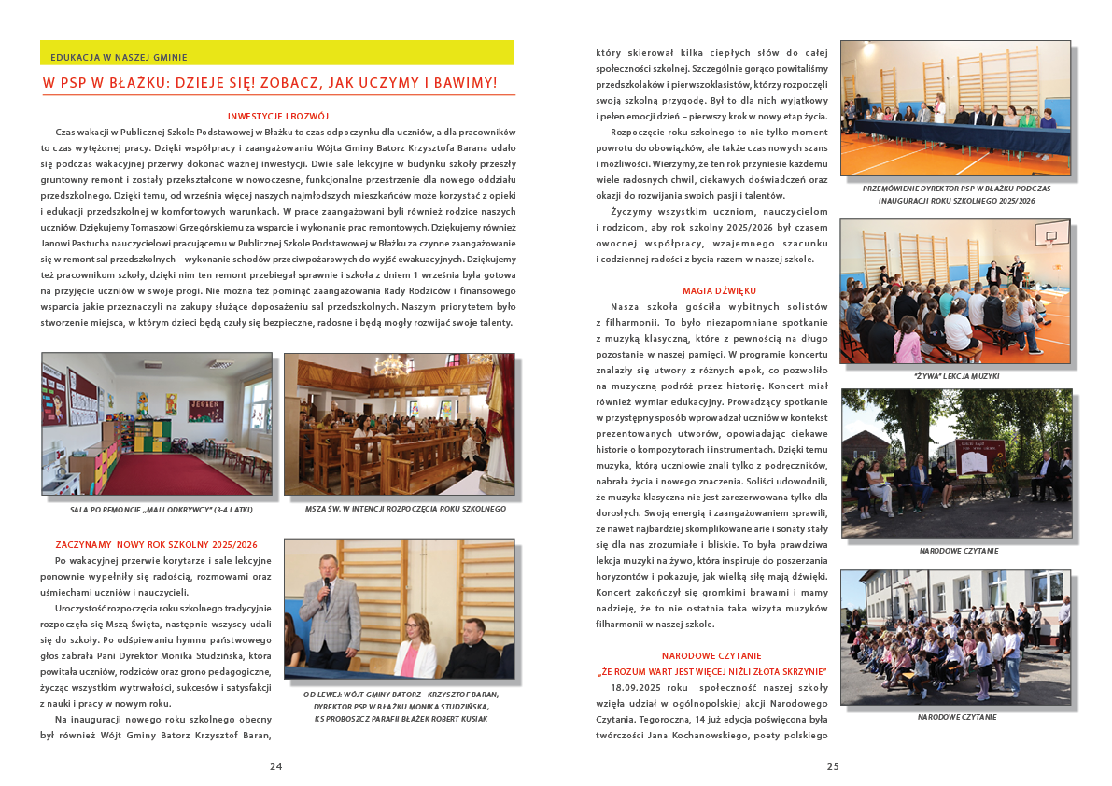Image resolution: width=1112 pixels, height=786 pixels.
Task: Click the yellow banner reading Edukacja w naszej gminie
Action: [276, 54]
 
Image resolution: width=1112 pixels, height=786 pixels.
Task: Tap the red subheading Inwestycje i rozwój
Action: [278, 117]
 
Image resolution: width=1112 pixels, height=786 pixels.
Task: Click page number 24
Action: [275, 766]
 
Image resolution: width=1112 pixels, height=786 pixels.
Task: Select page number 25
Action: [833, 766]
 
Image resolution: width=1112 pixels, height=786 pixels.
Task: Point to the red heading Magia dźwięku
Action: [719, 291]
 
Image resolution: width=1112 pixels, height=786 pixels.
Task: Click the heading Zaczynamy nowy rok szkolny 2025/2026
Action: [157, 544]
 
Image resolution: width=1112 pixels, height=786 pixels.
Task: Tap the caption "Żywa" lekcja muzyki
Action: [956, 375]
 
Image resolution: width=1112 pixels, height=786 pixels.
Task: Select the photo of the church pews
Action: [399, 424]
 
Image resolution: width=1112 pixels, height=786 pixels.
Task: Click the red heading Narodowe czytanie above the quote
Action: [711, 656]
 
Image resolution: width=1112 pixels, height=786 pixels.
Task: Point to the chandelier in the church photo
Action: [392, 364]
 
